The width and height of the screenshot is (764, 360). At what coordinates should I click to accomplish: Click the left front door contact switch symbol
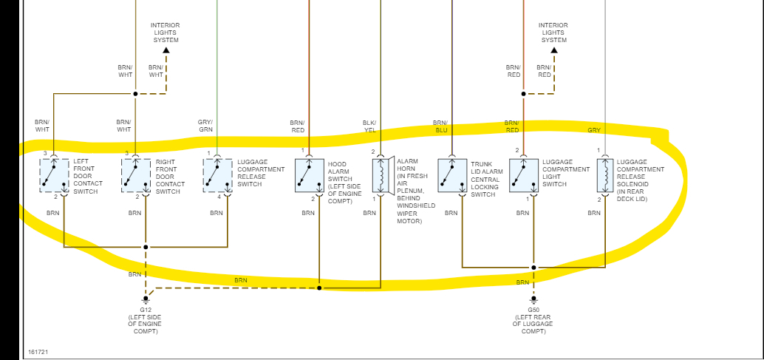(x=54, y=176)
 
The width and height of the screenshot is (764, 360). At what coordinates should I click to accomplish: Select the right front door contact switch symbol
(x=135, y=176)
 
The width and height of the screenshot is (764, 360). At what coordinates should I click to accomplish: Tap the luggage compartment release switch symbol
(x=217, y=176)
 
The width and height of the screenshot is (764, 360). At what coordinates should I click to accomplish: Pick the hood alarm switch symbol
(x=309, y=176)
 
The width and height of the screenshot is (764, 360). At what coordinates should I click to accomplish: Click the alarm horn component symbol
(x=380, y=176)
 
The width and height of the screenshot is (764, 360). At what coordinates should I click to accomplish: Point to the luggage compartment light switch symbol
(x=523, y=175)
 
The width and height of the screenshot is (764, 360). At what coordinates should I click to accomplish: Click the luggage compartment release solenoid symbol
(x=604, y=176)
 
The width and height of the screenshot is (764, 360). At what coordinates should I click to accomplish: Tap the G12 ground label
(x=146, y=309)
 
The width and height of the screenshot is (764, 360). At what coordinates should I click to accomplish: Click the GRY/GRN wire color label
(x=205, y=126)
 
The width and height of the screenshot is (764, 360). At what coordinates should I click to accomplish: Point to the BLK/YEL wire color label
(x=369, y=126)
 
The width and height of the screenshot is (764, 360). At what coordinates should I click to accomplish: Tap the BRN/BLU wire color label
(x=440, y=126)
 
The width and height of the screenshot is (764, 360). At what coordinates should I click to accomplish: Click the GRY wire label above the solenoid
(x=593, y=130)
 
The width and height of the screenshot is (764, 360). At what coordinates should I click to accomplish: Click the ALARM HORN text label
(x=408, y=164)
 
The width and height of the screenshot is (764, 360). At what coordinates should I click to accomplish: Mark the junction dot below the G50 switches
(x=533, y=268)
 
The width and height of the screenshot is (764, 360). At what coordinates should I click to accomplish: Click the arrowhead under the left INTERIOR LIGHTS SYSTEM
(x=166, y=50)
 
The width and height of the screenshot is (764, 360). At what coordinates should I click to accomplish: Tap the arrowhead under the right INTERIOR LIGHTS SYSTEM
(x=553, y=50)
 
